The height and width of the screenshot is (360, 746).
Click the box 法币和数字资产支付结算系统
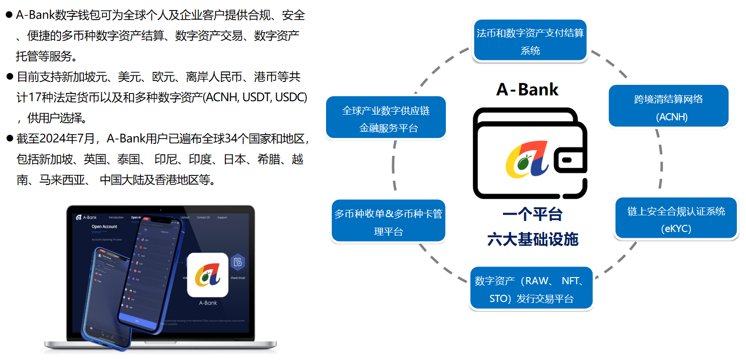pyautogui.click(x=530, y=41)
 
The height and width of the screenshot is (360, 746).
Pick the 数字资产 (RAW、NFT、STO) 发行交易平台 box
pyautogui.click(x=531, y=289)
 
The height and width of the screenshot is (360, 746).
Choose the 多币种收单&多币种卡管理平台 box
pyautogui.click(x=388, y=221)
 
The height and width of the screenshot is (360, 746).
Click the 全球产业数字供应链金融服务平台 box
pyautogui.click(x=386, y=118)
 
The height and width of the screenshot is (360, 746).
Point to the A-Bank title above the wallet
pyautogui.click(x=527, y=90)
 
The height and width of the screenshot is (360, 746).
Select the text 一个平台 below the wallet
pyautogui.click(x=532, y=214)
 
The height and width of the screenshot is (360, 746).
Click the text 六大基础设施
pyautogui.click(x=532, y=239)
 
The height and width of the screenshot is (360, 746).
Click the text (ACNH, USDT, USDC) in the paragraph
pyautogui.click(x=255, y=97)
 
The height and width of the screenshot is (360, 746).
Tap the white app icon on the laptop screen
pyautogui.click(x=207, y=274)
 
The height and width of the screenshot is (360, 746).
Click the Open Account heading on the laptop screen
pyautogui.click(x=104, y=226)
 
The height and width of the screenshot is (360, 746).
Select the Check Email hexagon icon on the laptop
pyautogui.click(x=238, y=262)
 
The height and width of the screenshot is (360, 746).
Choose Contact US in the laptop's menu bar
pyautogui.click(x=203, y=217)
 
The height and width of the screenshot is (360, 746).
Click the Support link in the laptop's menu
pyautogui.click(x=222, y=217)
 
